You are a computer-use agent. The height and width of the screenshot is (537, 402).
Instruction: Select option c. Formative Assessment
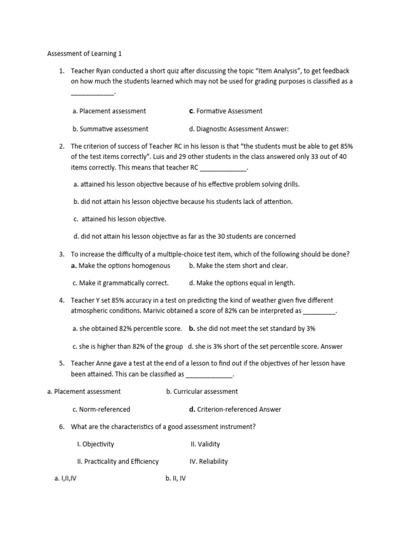click(x=226, y=111)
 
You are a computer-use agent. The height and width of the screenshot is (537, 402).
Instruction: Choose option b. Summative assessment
click(x=110, y=128)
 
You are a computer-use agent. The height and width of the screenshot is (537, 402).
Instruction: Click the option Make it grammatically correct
click(x=121, y=283)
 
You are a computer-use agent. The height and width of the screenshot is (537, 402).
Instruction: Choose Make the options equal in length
click(x=242, y=283)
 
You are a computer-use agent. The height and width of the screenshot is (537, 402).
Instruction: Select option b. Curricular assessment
click(x=202, y=391)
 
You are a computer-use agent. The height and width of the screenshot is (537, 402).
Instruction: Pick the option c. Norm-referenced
click(x=102, y=409)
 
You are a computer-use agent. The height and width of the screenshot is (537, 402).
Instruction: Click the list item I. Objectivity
click(x=95, y=444)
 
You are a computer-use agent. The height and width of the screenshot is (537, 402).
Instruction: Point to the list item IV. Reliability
click(x=208, y=461)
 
